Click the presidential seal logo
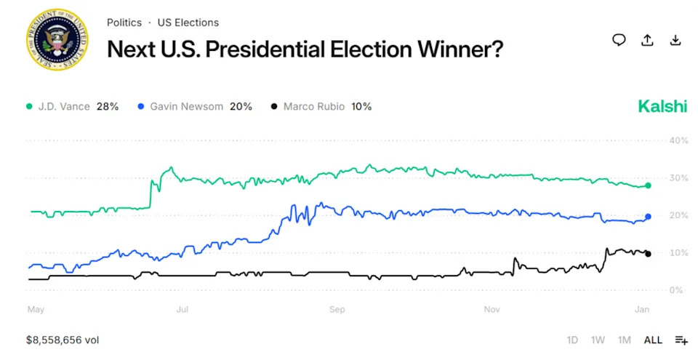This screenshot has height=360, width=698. [x=57, y=40]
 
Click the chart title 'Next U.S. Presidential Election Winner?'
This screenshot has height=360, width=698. [x=305, y=49]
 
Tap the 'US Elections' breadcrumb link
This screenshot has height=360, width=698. [x=188, y=23]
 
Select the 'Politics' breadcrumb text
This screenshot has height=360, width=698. [x=124, y=23]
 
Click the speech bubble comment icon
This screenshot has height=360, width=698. [x=619, y=40]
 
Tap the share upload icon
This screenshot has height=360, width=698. [x=647, y=40]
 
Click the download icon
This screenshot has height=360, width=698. [x=675, y=40]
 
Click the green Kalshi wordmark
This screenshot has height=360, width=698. [x=662, y=106]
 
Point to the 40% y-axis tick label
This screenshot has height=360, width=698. [x=678, y=140]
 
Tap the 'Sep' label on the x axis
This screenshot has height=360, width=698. [x=337, y=310]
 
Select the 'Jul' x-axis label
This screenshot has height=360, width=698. [x=182, y=310]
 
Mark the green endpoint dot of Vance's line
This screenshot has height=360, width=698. [x=648, y=185]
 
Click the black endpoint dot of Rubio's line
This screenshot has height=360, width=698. [x=648, y=254]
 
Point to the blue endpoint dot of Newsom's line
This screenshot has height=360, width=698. [x=648, y=216]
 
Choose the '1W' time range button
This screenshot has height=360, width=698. [x=598, y=340]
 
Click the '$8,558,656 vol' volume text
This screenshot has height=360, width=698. [x=63, y=340]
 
